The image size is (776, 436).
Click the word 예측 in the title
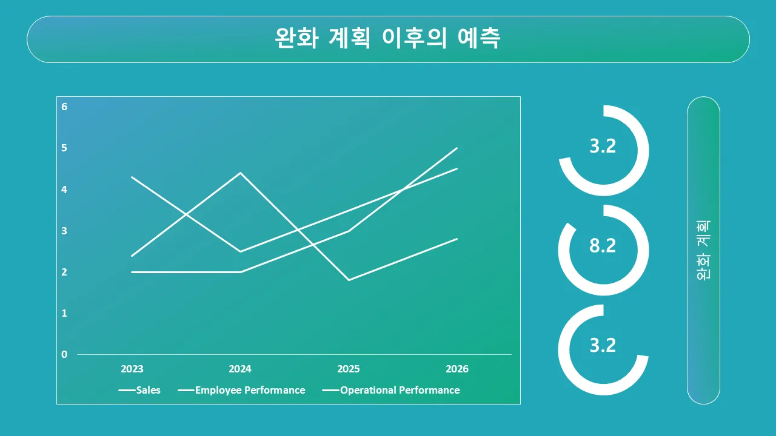(479, 38)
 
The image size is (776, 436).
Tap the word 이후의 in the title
(414, 38)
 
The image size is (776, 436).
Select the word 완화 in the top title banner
(296, 38)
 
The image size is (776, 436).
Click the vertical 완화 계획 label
(703, 250)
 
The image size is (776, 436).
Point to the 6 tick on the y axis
(64, 107)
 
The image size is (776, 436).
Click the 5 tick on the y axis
(64, 148)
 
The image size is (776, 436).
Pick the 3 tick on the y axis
(64, 231)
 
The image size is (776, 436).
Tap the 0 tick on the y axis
(64, 354)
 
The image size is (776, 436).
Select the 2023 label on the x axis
(132, 369)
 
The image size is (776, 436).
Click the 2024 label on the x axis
(240, 369)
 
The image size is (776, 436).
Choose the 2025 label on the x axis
(349, 369)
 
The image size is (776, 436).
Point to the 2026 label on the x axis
(457, 369)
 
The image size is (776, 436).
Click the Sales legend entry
(139, 391)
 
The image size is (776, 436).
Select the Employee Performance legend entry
(241, 391)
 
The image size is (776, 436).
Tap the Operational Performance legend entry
(391, 391)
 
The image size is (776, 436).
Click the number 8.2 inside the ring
(603, 246)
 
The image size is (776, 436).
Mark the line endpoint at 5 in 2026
(457, 148)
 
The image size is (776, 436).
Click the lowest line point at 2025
(349, 280)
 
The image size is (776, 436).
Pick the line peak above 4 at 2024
(241, 173)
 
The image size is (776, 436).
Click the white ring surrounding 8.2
(644, 250)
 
